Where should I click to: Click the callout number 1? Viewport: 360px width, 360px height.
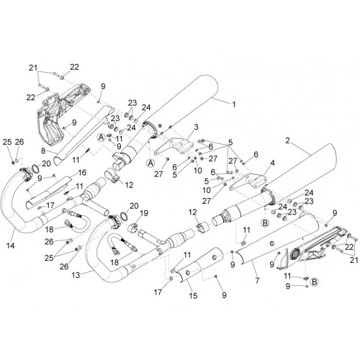click(233, 104)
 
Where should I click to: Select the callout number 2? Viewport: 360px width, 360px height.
click(288, 140)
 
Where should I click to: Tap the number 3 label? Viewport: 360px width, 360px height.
click(196, 127)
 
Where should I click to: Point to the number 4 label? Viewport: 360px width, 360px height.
click(272, 163)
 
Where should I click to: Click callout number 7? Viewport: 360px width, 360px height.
click(257, 280)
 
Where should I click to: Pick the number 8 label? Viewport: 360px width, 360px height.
click(43, 151)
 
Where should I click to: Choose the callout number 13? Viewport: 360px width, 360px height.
click(76, 275)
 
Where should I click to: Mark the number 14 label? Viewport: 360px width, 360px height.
click(10, 246)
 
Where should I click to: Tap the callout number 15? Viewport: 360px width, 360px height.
click(193, 295)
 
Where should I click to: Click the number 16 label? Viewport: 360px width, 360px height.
click(82, 172)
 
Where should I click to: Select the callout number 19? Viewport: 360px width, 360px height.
click(144, 213)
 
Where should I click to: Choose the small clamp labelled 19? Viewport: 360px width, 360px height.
click(133, 228)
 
